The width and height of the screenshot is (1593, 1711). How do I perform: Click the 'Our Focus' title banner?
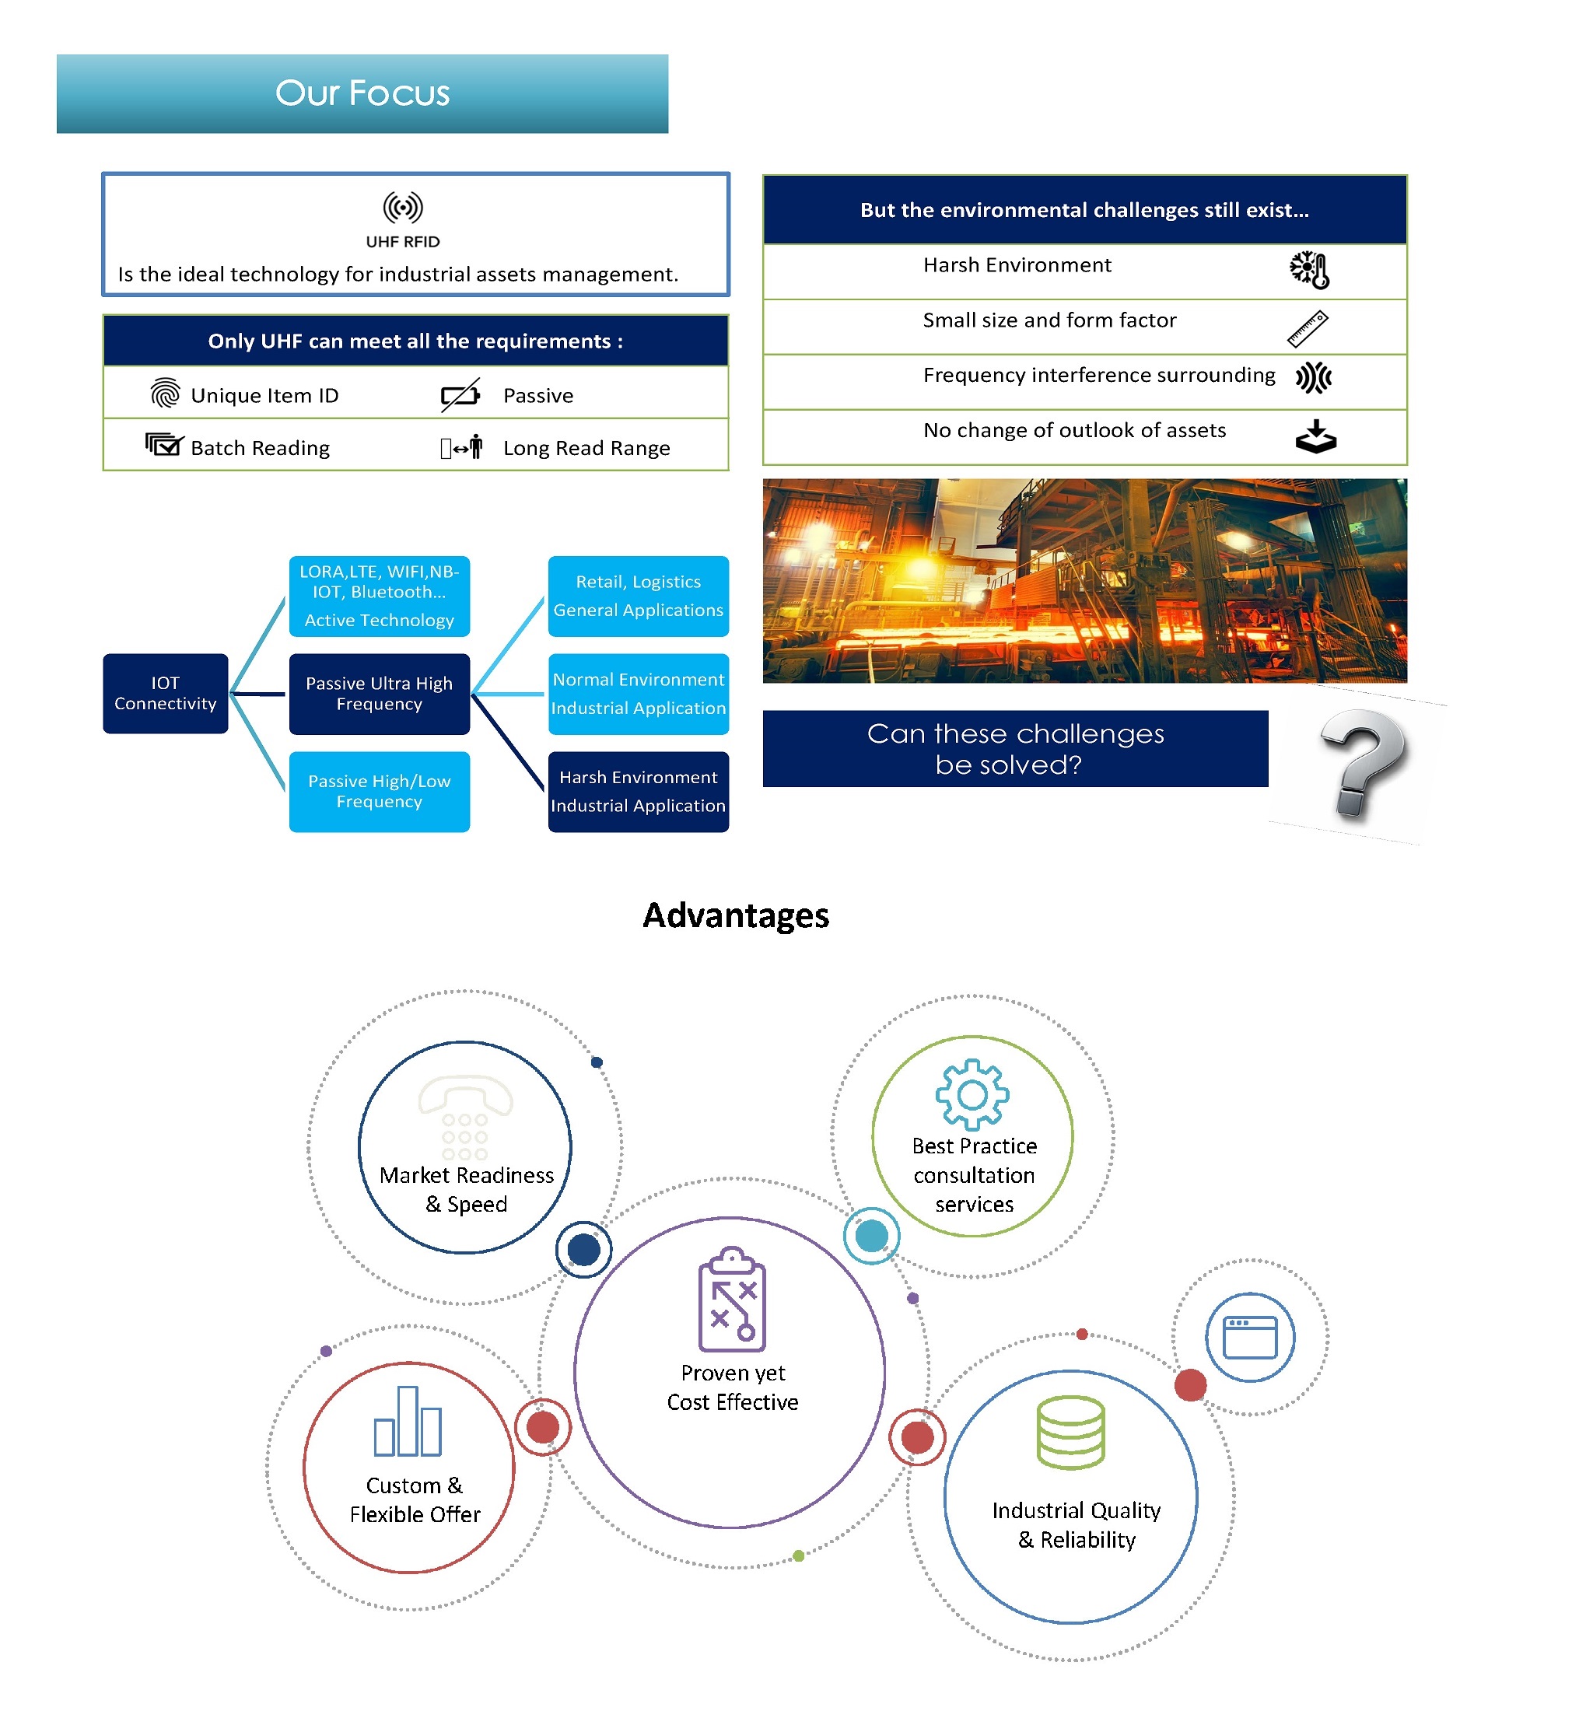pos(362,93)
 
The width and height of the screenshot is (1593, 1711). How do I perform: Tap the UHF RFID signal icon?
pos(402,208)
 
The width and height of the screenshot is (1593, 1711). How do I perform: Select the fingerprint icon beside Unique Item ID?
pos(164,393)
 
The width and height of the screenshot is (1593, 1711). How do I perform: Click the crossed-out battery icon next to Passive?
pos(460,394)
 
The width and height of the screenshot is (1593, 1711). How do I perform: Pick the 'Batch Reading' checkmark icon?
pos(163,444)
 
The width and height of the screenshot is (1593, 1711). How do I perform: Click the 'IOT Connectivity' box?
pos(165,693)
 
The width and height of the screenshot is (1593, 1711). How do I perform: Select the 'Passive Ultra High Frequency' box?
pos(379,693)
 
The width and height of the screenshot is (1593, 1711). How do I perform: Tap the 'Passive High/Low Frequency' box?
pos(379,791)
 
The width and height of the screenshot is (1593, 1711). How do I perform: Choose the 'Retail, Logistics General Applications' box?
pos(638,596)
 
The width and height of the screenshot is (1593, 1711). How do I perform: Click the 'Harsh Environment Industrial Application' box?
pos(638,791)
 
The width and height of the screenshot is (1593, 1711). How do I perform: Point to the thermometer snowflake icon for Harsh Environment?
pos(1309,270)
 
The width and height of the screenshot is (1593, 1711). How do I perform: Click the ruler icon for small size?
pos(1308,329)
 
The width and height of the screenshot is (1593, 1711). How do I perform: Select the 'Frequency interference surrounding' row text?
pos(1099,375)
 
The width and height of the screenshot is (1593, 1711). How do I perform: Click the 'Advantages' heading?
pos(736,915)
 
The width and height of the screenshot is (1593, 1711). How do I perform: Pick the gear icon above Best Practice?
pos(972,1094)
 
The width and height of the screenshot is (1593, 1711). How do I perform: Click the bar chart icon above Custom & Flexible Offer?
pos(407,1421)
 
